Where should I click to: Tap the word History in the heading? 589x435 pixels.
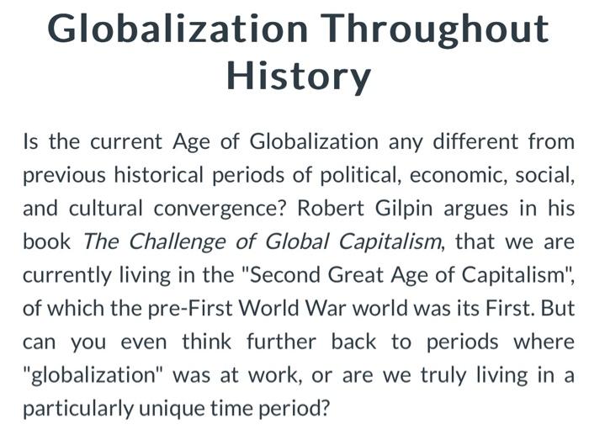pyautogui.click(x=299, y=77)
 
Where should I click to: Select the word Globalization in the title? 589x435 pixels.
pyautogui.click(x=178, y=29)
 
